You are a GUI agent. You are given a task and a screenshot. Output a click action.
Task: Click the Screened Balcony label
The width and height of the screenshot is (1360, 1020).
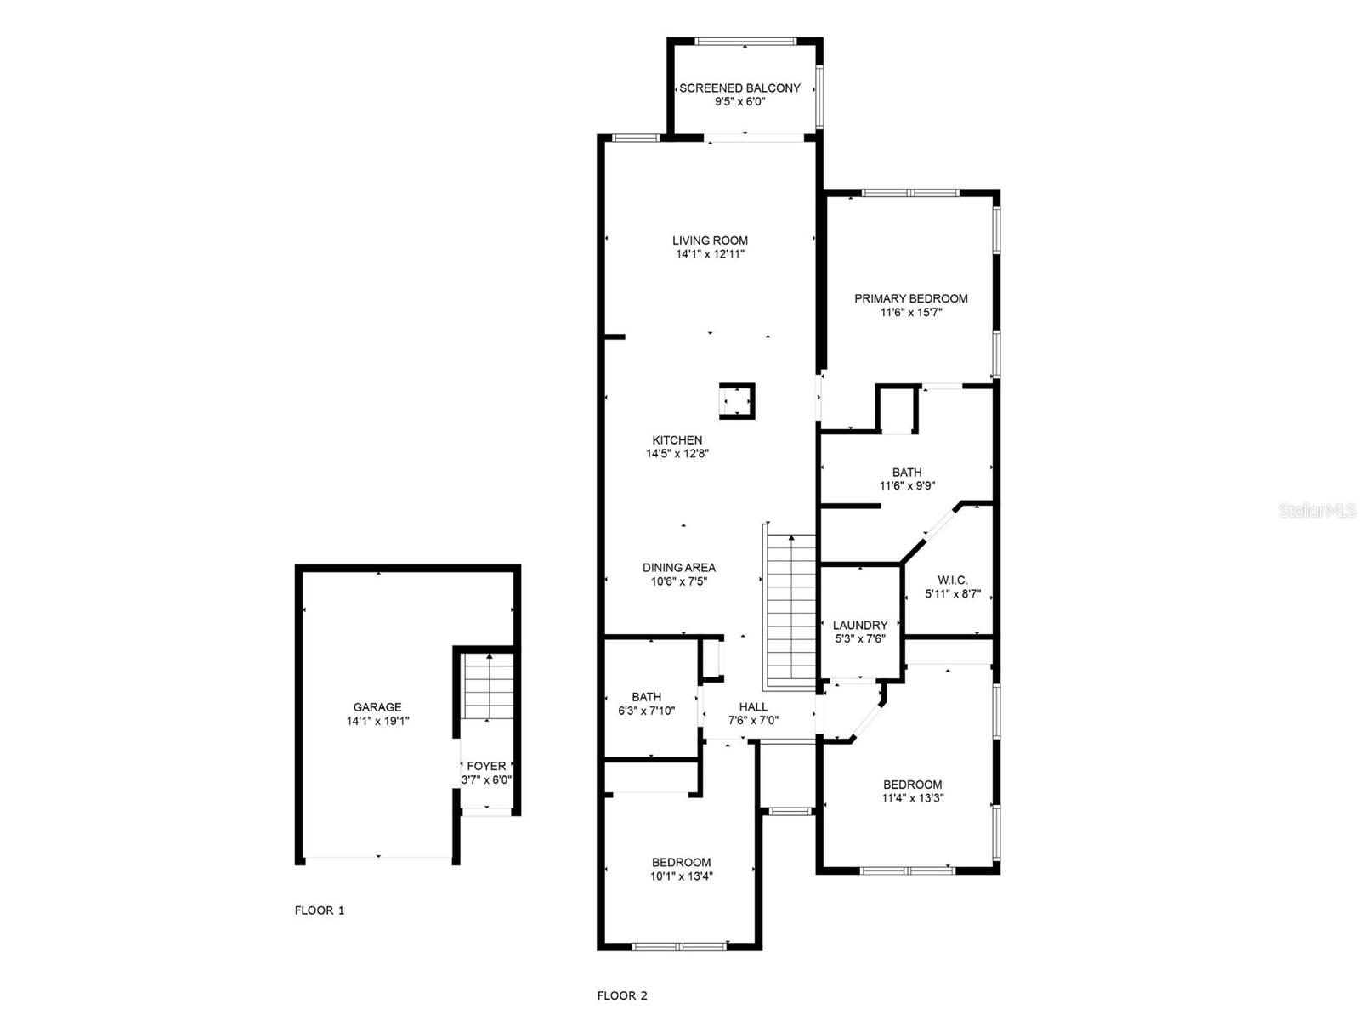click(x=739, y=88)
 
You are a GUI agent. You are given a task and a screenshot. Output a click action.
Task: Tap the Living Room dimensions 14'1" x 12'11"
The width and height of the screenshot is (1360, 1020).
click(x=710, y=254)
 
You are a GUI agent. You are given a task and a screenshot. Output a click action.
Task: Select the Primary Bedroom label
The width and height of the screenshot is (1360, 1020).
click(x=910, y=298)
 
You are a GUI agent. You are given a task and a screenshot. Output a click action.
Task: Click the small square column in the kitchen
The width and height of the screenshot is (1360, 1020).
click(x=736, y=401)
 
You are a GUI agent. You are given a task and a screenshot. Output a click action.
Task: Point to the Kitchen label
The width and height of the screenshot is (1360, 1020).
click(x=677, y=440)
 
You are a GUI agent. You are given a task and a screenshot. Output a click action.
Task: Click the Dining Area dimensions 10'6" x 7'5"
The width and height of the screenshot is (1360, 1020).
click(x=678, y=581)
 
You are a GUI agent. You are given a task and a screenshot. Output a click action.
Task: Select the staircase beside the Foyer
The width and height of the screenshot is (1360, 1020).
click(x=489, y=687)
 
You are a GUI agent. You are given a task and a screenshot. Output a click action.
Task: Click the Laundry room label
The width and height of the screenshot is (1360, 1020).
click(x=860, y=625)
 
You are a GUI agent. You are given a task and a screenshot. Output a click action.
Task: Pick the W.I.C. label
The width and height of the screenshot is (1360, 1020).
click(x=953, y=581)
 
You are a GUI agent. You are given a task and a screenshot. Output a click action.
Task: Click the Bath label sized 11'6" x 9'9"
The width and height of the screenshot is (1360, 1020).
click(x=907, y=473)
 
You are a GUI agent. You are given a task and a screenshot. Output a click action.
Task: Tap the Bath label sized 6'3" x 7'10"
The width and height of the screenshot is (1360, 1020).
click(x=646, y=697)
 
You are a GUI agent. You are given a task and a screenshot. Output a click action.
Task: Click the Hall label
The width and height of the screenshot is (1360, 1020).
click(x=753, y=706)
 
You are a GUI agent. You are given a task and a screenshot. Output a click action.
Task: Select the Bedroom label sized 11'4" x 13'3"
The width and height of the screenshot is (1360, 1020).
click(x=912, y=785)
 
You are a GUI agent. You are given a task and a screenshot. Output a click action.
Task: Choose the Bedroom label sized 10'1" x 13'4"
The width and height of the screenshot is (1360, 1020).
click(x=681, y=862)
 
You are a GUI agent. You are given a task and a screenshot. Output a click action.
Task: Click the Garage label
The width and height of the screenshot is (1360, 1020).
click(x=377, y=707)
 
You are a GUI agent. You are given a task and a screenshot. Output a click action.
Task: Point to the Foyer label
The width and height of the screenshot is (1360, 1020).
click(x=486, y=766)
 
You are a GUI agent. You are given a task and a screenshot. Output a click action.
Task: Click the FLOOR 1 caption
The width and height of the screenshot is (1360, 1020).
click(x=320, y=910)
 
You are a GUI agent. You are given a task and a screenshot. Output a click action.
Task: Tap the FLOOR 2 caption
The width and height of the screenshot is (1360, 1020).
click(x=622, y=995)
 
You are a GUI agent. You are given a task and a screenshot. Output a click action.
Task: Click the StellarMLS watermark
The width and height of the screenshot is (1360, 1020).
click(x=1317, y=510)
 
